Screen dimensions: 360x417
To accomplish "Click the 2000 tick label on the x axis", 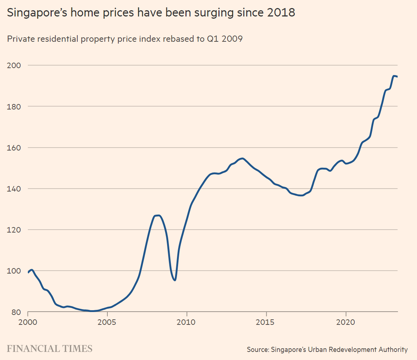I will tap(28, 323).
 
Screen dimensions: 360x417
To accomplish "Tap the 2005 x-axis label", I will tap(107, 323).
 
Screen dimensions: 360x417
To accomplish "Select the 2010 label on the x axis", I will tap(187, 323).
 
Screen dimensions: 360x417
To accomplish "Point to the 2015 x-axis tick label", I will tap(266, 323).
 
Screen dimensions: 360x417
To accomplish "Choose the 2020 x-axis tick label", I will tap(346, 323).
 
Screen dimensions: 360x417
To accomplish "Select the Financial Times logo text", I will tap(50, 349).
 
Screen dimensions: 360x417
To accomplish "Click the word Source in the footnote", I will tap(258, 349).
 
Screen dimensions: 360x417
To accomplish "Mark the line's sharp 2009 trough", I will tap(175, 280).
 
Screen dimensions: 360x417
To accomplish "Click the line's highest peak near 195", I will tap(394, 76).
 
